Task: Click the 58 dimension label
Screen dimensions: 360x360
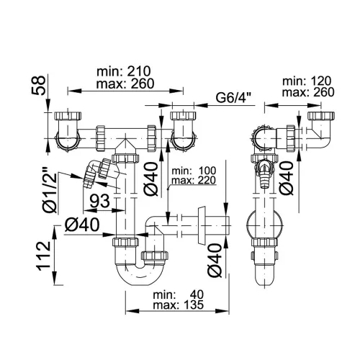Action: click(x=38, y=86)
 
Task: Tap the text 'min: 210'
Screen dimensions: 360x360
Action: click(x=124, y=71)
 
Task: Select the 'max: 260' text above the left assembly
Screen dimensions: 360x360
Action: click(x=125, y=84)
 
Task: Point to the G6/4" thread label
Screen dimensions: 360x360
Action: click(x=233, y=98)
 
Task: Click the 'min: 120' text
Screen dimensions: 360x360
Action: click(x=307, y=81)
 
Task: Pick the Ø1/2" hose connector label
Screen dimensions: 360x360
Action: click(x=50, y=193)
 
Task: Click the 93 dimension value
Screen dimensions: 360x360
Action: click(x=99, y=201)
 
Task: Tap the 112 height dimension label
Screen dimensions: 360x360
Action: click(x=44, y=256)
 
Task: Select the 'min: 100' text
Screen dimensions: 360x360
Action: click(x=194, y=171)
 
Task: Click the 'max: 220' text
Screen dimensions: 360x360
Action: click(x=194, y=180)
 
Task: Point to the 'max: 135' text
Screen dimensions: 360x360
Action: click(x=179, y=305)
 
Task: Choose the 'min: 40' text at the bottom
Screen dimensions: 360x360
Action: click(x=179, y=294)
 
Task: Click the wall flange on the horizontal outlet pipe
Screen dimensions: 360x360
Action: click(x=201, y=225)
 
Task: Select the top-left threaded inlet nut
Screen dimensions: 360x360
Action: click(x=68, y=116)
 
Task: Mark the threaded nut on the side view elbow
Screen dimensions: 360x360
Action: click(x=291, y=138)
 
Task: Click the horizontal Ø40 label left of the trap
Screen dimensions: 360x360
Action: click(x=82, y=225)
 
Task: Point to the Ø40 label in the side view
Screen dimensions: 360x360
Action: click(x=287, y=178)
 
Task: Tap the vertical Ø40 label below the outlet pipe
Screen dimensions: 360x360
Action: click(x=215, y=261)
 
